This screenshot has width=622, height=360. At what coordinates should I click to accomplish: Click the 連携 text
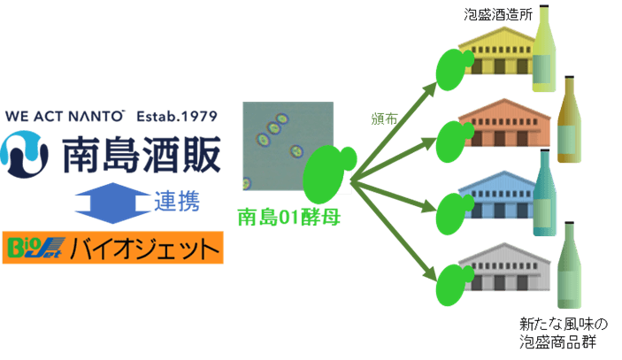point(181,201)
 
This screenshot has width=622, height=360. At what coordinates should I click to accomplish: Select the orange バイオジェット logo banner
point(113,248)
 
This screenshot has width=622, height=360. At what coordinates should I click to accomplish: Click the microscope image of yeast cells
point(288,146)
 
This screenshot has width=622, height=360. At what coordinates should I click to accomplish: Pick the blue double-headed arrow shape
point(114,200)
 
